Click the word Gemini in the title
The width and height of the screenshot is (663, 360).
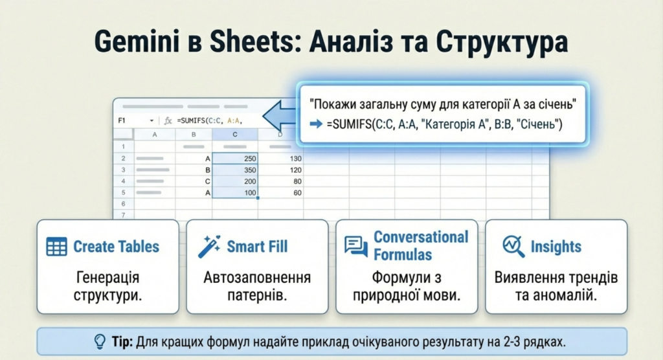(137, 41)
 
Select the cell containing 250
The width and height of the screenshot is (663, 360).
(235, 158)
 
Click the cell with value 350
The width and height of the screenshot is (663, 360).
(235, 170)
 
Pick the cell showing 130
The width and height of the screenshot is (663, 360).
(281, 158)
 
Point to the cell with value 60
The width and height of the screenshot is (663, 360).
(281, 192)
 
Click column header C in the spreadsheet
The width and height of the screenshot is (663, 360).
(235, 135)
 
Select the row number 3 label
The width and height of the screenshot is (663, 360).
(124, 170)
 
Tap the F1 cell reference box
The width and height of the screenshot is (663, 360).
(135, 120)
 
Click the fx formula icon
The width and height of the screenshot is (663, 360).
(168, 121)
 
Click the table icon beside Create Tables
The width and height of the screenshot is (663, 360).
(57, 247)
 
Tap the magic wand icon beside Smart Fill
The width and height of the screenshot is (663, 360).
(209, 246)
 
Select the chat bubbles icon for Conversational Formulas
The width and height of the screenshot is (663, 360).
(355, 246)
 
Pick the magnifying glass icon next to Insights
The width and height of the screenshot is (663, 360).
(513, 246)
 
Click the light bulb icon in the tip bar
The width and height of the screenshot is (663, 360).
(100, 341)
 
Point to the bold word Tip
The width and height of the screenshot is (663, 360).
(122, 341)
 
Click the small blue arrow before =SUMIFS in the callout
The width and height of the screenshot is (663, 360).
(316, 124)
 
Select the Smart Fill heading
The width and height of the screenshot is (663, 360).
(257, 246)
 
